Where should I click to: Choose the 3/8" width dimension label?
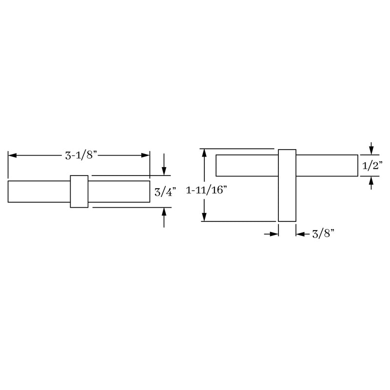322,234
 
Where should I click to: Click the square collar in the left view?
79,191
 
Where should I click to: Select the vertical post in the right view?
287,185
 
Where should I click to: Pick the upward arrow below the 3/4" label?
164,212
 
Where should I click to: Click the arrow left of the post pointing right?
274,234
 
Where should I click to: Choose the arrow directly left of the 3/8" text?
300,234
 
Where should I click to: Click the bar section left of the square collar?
39,191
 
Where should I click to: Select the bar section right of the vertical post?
327,165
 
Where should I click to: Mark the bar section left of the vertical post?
247,165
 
